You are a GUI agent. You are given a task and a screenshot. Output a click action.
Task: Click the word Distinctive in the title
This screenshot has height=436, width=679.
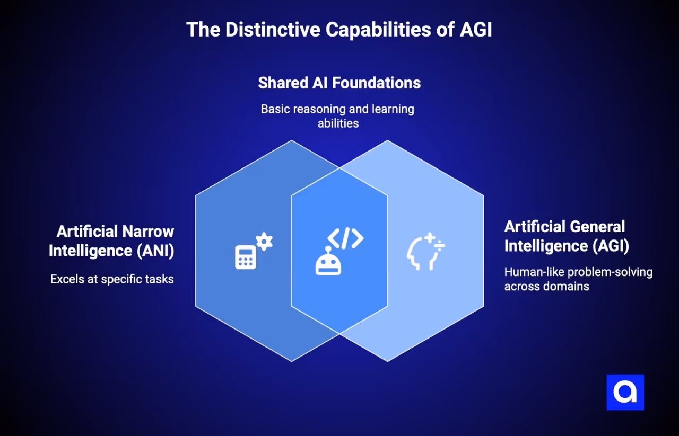(273, 30)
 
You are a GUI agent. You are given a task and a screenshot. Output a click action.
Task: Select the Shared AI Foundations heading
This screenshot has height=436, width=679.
(339, 83)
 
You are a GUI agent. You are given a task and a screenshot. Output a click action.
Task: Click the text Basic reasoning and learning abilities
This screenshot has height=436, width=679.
(338, 116)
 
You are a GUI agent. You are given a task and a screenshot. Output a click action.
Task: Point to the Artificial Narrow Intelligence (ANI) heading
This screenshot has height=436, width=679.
(111, 241)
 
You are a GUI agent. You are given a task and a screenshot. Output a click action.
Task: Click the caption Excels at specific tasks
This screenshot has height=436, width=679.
(112, 279)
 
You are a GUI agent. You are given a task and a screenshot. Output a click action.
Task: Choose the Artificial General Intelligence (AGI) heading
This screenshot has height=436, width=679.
(564, 236)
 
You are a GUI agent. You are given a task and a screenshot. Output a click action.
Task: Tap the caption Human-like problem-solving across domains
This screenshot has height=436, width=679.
(578, 279)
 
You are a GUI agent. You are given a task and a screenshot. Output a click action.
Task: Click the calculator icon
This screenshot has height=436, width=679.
(245, 257)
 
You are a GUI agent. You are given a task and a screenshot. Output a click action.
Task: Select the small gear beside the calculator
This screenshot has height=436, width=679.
(264, 242)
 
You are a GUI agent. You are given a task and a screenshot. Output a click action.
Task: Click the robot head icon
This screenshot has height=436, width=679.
(328, 263)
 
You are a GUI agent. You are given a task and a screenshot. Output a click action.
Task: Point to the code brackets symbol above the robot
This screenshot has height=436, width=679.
(345, 239)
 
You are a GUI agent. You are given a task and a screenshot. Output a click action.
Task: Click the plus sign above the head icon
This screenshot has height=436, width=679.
(430, 237)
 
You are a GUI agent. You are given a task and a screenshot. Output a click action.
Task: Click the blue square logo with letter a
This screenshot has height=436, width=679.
(625, 393)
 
